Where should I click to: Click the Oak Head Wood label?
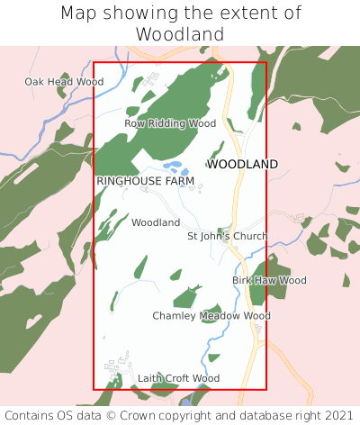tap(64, 82)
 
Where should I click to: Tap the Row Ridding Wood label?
tap(170, 123)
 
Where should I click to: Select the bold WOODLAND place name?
tap(242, 165)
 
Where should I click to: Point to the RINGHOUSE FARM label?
tap(145, 181)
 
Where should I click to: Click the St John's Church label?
tap(227, 237)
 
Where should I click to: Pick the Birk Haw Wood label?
tap(269, 281)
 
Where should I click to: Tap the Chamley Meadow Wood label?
tap(211, 316)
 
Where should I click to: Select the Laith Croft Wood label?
tap(178, 379)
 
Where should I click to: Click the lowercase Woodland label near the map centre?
tap(156, 222)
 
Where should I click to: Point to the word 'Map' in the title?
tap(79, 14)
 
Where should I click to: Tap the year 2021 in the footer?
tap(337, 415)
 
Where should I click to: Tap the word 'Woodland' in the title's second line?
tap(180, 34)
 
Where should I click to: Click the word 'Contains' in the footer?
tap(29, 415)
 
